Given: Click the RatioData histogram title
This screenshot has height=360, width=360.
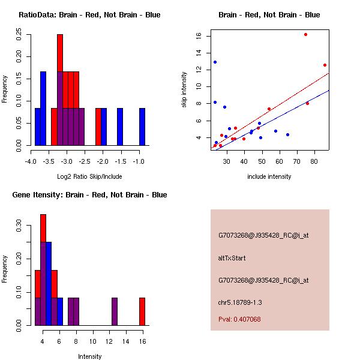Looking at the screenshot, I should point(89,15).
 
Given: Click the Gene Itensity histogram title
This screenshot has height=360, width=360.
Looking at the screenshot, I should point(89,195).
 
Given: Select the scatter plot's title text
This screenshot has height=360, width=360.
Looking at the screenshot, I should point(269,15).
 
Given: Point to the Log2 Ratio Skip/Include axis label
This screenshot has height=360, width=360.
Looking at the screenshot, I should point(89,176).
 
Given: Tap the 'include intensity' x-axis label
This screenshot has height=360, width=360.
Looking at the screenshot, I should point(269,176).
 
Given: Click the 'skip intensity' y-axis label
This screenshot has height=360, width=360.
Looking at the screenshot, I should point(184,90).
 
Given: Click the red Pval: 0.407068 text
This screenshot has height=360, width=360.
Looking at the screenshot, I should point(239,319).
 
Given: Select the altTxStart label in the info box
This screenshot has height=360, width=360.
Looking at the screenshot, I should point(232,258).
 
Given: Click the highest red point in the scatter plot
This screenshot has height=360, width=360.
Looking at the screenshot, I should point(305,35).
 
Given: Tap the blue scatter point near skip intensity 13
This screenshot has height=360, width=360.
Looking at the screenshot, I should point(215,62).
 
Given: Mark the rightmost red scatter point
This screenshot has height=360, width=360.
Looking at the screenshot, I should point(325,65).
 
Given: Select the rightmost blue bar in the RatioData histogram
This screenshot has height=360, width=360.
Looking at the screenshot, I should point(142,127).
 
